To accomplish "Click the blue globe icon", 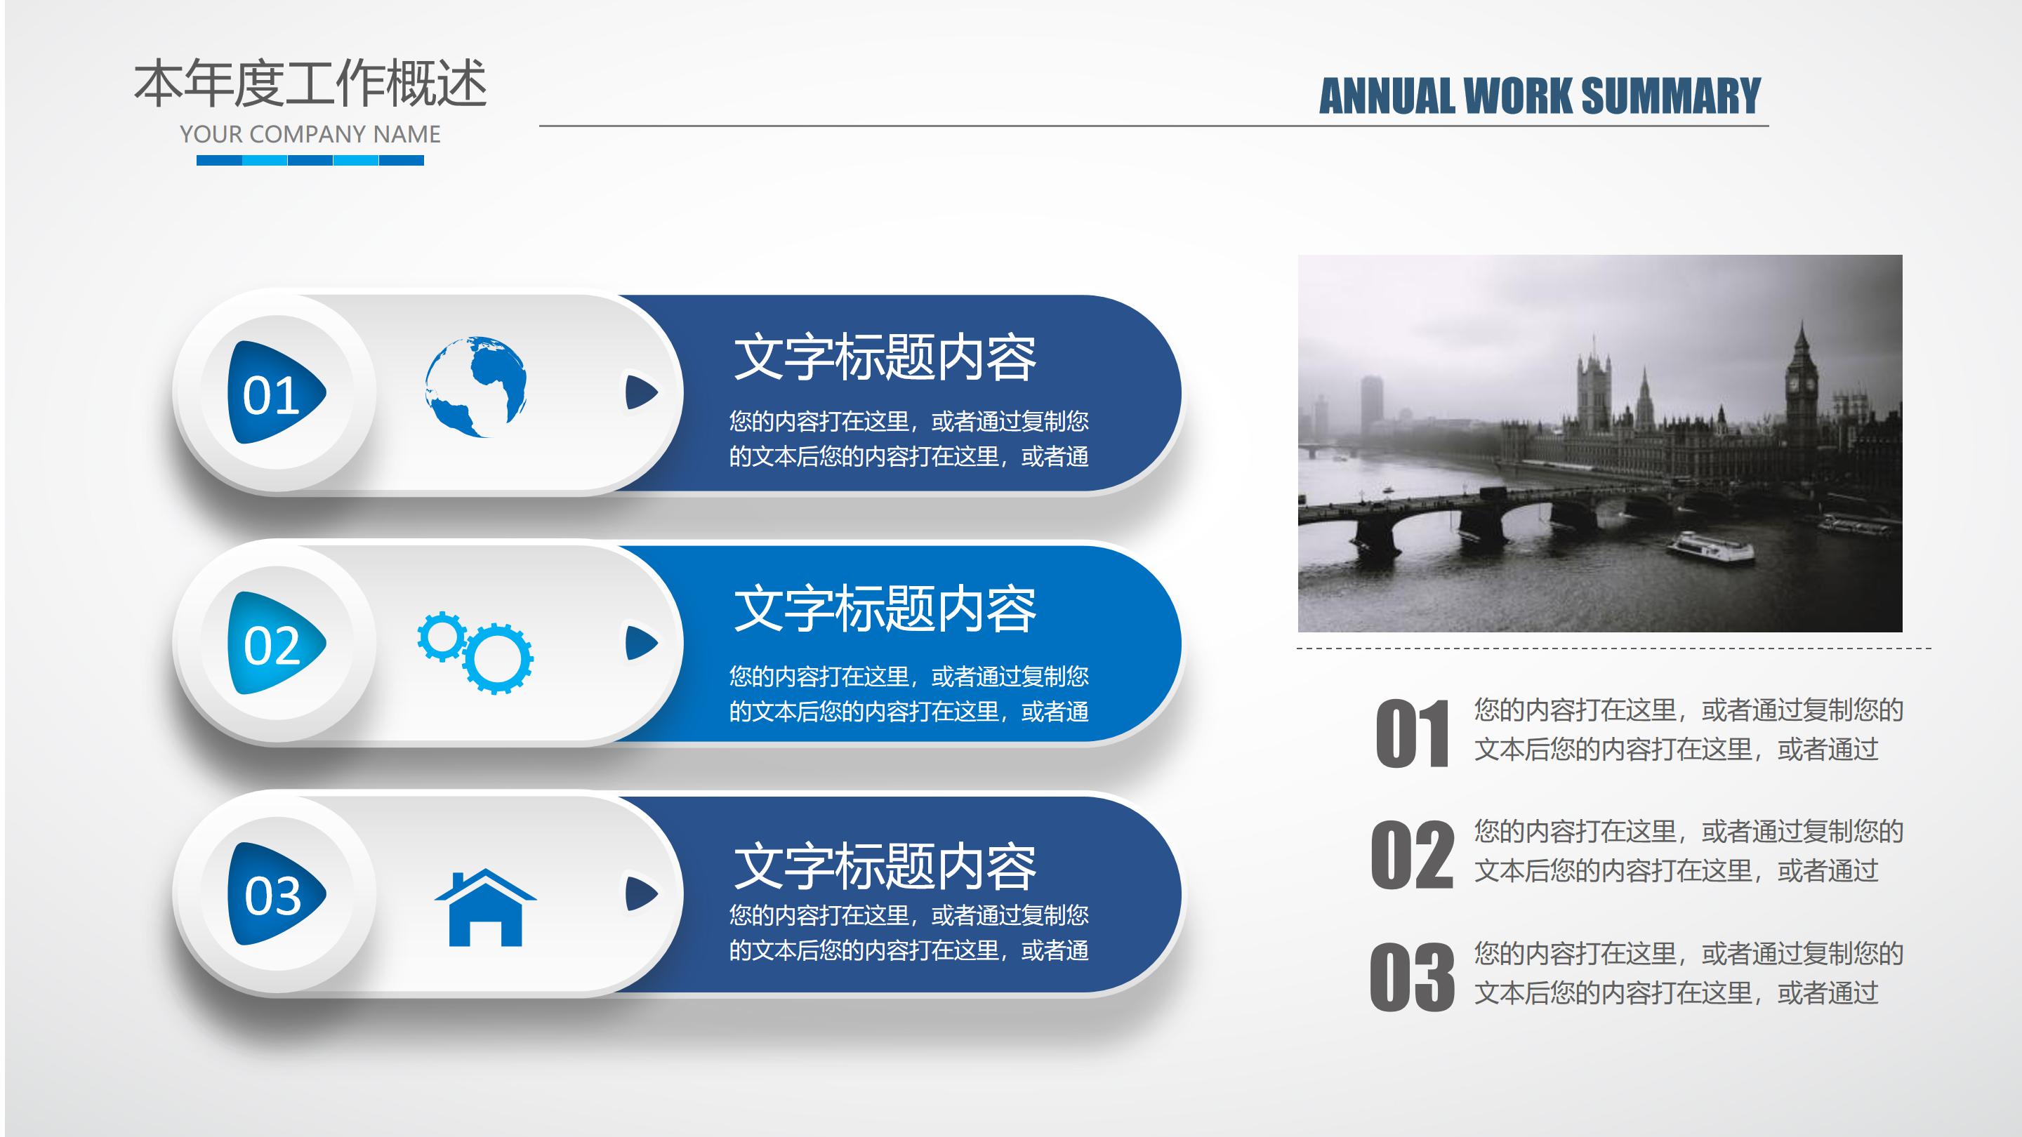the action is pyautogui.click(x=476, y=386).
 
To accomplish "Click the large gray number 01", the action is pyautogui.click(x=1412, y=733).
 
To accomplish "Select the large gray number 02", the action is pyautogui.click(x=1412, y=855).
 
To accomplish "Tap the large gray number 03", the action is pyautogui.click(x=1412, y=977).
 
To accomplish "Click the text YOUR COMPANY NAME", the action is pyautogui.click(x=310, y=134).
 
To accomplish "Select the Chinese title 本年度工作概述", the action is pyautogui.click(x=310, y=84).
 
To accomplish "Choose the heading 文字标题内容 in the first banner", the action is pyautogui.click(x=885, y=358).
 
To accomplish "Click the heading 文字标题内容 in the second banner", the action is pyautogui.click(x=885, y=610).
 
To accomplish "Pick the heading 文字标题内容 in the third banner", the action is pyautogui.click(x=885, y=866).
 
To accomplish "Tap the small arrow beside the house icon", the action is pyautogui.click(x=640, y=893).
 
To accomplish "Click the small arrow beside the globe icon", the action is pyautogui.click(x=640, y=392).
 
